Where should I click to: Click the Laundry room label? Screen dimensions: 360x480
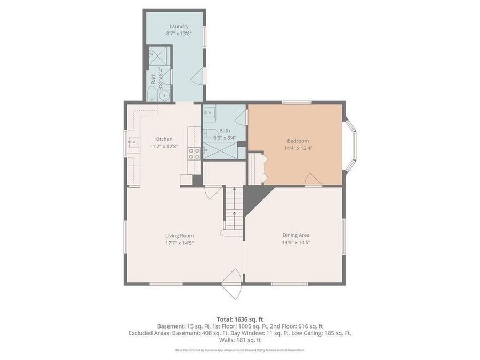point(179,26)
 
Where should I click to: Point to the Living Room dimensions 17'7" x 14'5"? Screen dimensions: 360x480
point(179,242)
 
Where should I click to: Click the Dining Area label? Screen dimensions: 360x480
point(296,235)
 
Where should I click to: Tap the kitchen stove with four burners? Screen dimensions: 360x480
point(194,154)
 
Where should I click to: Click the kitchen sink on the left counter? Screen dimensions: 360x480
point(133,142)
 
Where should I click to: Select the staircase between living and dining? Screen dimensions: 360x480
point(233,211)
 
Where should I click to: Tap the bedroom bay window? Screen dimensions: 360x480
point(351,144)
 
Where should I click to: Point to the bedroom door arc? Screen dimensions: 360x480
point(313,180)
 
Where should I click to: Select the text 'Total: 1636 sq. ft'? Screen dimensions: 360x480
point(239,319)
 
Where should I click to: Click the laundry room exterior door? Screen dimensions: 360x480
point(197,78)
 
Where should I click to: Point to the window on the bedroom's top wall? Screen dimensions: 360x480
point(297,102)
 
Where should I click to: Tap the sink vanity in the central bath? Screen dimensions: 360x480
point(210,113)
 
